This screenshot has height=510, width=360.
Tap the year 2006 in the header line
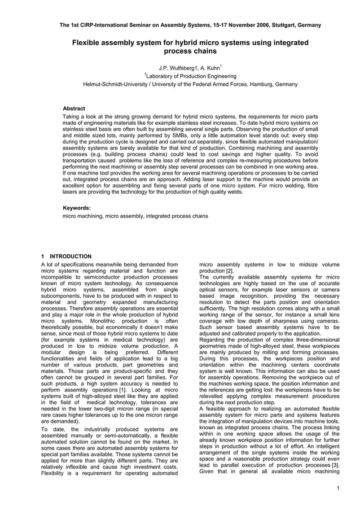coord(250,25)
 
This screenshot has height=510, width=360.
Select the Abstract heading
coord(73,108)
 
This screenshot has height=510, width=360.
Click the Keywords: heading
coord(76,208)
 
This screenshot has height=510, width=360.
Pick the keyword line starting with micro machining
coord(135,216)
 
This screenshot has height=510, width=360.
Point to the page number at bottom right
coord(337,489)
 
